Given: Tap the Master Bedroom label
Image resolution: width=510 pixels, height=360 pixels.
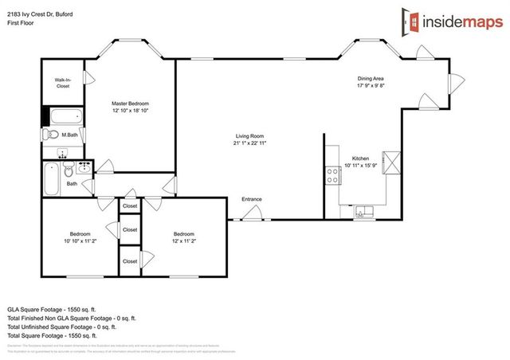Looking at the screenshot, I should point(130,104).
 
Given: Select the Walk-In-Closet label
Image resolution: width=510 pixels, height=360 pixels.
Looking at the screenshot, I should point(62,83).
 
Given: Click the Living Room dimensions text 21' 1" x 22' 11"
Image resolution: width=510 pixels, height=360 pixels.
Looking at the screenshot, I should point(249,143).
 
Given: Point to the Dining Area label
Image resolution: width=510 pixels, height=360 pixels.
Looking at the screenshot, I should point(371,78).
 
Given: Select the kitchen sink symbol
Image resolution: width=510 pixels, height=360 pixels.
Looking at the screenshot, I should point(363,212).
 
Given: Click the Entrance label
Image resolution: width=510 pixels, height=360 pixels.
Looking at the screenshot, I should point(252,199).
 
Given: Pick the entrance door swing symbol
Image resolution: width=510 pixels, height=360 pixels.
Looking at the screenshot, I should point(253,212).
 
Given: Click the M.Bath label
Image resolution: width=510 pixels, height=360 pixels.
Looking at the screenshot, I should point(69,136).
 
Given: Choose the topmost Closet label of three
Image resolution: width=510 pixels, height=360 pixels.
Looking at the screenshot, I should point(130,206).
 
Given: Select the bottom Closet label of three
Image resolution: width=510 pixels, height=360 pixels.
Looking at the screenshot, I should point(130,261).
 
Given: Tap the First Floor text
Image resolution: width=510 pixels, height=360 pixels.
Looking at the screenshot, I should point(22,17).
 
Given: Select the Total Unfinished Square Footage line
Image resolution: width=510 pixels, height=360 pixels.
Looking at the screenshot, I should point(62,326).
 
